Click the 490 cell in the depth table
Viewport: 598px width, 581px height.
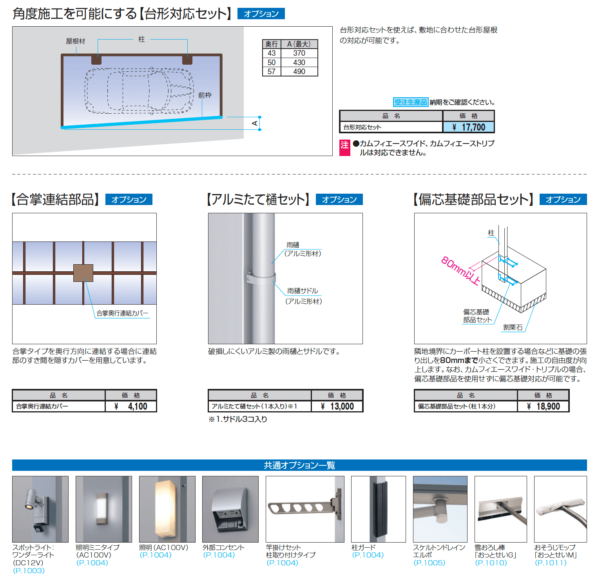coord(299,72)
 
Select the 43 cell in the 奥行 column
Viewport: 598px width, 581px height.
coord(272,53)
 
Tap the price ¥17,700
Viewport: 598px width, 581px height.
coord(469,127)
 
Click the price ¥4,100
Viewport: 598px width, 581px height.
coord(131,407)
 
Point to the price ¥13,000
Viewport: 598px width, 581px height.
coord(337,407)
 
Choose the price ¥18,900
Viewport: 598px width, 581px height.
coord(544,407)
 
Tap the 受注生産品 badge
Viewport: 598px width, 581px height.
coord(410,102)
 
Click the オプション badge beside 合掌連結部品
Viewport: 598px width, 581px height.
coord(129,200)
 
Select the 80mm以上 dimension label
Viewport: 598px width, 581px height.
coord(460,270)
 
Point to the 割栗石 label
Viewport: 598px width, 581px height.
coord(513,327)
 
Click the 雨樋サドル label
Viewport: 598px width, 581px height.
coord(303,291)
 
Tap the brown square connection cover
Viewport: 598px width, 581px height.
coord(83,273)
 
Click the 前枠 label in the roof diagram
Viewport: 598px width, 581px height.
coord(205,95)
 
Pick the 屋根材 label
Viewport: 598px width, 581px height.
coord(75,41)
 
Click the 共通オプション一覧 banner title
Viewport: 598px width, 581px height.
coord(299,465)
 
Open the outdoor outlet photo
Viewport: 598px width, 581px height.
coord(230,509)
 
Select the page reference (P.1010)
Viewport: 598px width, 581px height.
coord(491,563)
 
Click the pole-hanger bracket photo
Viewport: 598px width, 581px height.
coord(305,509)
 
